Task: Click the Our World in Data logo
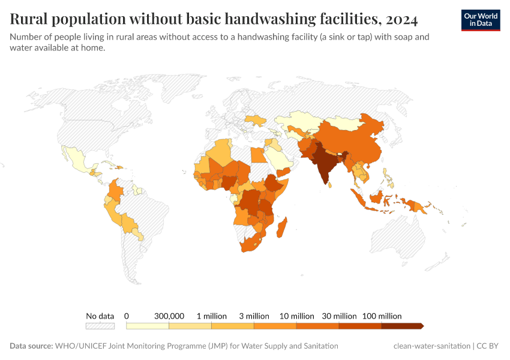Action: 480,19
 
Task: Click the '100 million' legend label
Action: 383,316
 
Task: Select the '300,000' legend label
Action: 169,316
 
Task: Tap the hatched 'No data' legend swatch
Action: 100,326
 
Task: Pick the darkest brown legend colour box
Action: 402,326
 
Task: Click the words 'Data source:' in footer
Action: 31,346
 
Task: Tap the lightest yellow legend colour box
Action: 148,326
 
